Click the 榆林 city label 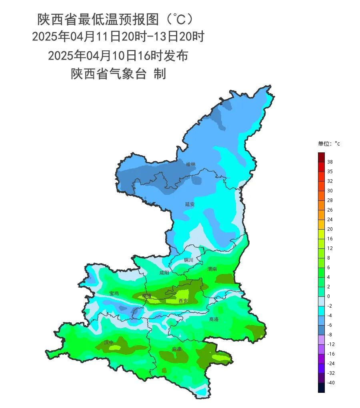pyautogui.click(x=191, y=164)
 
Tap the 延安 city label pyautogui.click(x=190, y=204)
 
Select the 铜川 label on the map pyautogui.click(x=188, y=260)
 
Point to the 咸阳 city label pyautogui.click(x=164, y=273)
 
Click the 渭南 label pyautogui.click(x=212, y=269)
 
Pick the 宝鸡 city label pyautogui.click(x=114, y=294)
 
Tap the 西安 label pyautogui.click(x=183, y=301)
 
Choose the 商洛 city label pyautogui.click(x=214, y=319)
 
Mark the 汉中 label pyautogui.click(x=109, y=343)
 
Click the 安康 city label pyautogui.click(x=177, y=349)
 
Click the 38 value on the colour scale pyautogui.click(x=330, y=162)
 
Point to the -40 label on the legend pyautogui.click(x=331, y=383)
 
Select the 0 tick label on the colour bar pyautogui.click(x=329, y=296)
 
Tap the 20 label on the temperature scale pyautogui.click(x=330, y=229)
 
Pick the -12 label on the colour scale pyautogui.click(x=331, y=344)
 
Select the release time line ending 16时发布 pyautogui.click(x=118, y=56)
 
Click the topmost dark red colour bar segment pyautogui.click(x=321, y=157)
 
